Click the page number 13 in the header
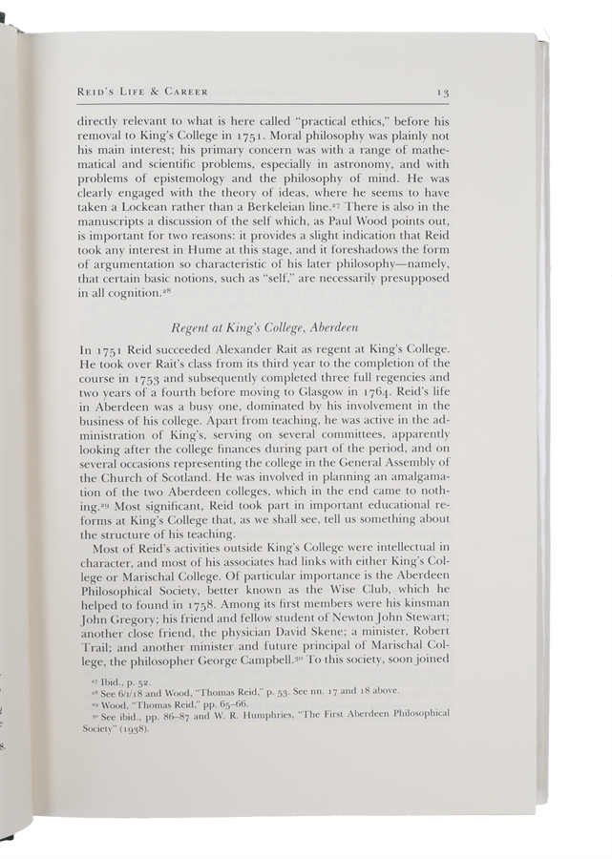pos(443,92)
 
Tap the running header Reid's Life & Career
pos(143,92)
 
